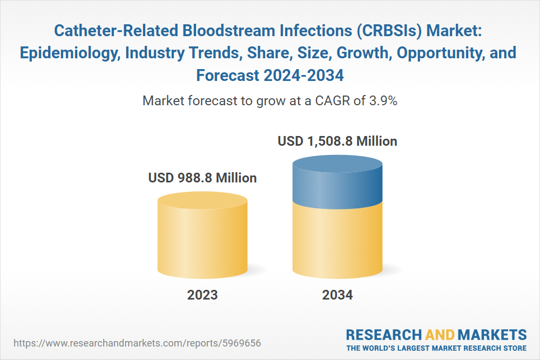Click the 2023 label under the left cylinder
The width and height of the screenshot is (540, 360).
click(x=202, y=295)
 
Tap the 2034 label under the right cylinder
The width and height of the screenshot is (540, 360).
click(x=337, y=295)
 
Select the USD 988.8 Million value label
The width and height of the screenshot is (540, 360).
click(x=202, y=178)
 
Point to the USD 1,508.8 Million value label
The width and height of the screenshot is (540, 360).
click(x=337, y=141)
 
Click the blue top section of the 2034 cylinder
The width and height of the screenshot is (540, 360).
click(x=337, y=182)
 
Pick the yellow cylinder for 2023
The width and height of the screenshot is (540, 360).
click(x=202, y=235)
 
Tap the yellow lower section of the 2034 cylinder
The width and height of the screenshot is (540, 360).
click(x=337, y=241)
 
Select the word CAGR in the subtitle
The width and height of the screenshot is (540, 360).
click(x=334, y=101)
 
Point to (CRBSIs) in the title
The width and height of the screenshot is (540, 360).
click(x=389, y=31)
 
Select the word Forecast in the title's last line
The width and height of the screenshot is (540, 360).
click(x=228, y=76)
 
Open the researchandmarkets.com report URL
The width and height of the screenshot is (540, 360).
click(x=137, y=343)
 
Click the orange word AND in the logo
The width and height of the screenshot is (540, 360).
click(x=440, y=335)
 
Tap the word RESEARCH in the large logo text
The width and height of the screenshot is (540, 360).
click(x=383, y=335)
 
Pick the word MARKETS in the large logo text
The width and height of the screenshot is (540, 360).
click(x=492, y=335)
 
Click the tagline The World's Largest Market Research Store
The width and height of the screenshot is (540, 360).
click(x=436, y=348)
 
